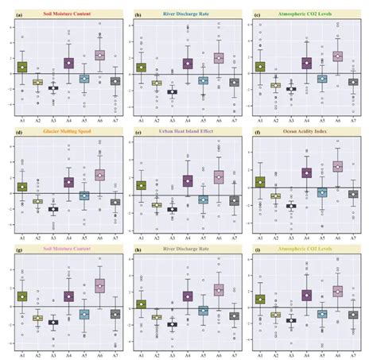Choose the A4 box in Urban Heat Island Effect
click(x=188, y=180)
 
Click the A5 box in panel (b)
click(x=203, y=80)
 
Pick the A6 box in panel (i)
click(x=337, y=292)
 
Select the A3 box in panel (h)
click(x=173, y=324)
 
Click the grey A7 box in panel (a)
click(x=115, y=81)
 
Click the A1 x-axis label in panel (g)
click(x=22, y=352)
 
